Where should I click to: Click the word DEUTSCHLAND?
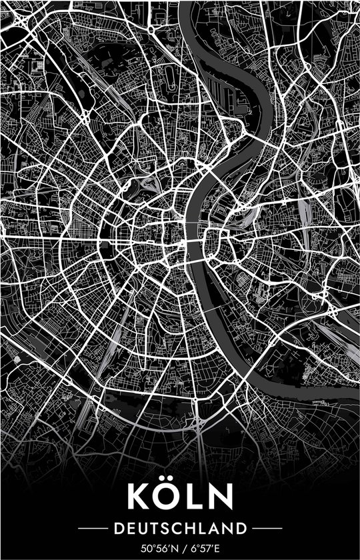coord(180,529)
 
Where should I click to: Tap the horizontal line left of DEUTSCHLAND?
coord(93,529)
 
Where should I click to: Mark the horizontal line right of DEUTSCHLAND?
coord(267,529)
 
